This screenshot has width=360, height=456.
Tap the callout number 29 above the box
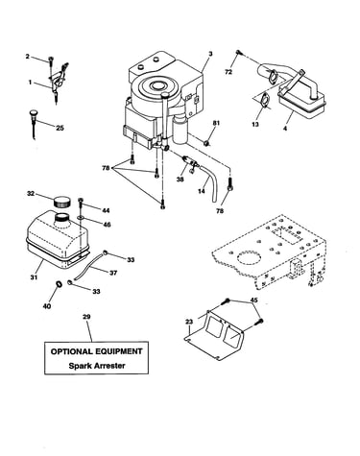(x=86, y=317)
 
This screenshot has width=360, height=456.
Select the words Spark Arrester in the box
(x=97, y=366)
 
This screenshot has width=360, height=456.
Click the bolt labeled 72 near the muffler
(x=238, y=53)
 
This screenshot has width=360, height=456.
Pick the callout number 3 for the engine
(x=210, y=54)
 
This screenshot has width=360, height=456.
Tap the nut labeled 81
(x=207, y=142)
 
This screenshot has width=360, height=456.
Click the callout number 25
(x=60, y=128)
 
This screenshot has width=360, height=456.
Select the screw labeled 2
(x=51, y=60)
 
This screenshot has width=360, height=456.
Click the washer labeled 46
(x=81, y=219)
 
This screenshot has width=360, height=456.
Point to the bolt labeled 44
(x=81, y=203)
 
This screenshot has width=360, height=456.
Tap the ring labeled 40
(x=59, y=283)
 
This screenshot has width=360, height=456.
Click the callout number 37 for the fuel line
(x=113, y=273)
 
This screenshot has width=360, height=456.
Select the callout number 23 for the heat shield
(x=189, y=322)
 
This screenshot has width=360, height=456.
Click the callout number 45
(x=253, y=300)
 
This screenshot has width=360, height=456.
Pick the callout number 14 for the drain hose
(x=202, y=191)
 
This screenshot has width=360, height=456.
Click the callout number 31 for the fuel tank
(x=34, y=277)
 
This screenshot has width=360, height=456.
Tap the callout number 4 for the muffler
(x=285, y=129)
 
